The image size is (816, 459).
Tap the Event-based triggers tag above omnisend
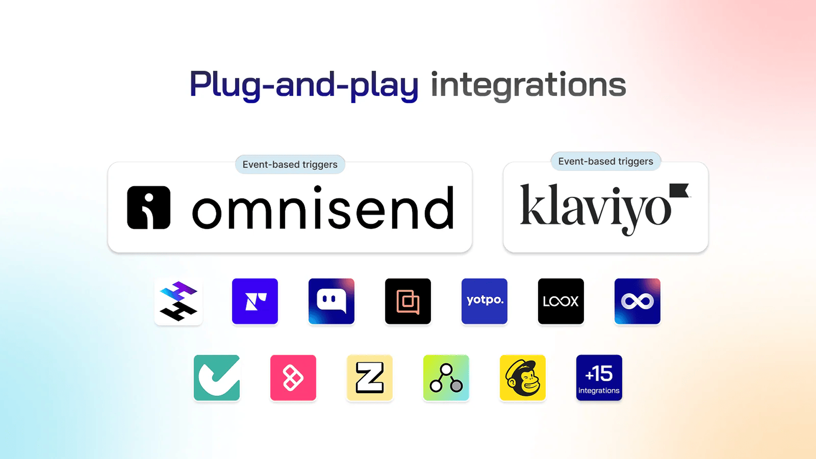click(290, 164)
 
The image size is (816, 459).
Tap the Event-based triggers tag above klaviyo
click(606, 161)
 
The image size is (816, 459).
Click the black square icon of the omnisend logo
click(149, 207)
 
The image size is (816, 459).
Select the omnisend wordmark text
click(323, 208)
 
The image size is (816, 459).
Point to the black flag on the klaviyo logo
click(679, 190)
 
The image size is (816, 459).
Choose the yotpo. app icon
click(484, 301)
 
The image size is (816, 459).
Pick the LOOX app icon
click(561, 301)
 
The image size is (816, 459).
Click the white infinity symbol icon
click(637, 301)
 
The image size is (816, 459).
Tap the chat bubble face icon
click(331, 301)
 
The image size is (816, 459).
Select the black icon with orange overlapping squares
click(408, 301)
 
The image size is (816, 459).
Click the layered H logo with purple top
click(178, 301)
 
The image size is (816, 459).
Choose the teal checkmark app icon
click(217, 378)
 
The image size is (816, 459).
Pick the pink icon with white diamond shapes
click(293, 378)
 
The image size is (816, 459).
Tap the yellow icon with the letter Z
click(370, 378)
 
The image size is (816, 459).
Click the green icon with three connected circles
click(446, 378)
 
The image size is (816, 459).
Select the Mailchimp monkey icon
click(523, 378)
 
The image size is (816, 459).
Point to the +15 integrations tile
click(599, 378)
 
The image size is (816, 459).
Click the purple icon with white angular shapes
click(255, 301)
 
